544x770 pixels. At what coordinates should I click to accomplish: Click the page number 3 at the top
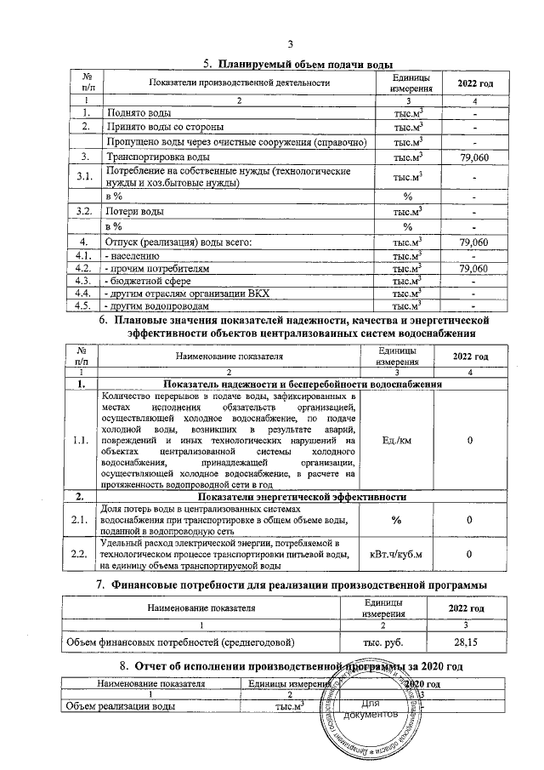pyautogui.click(x=291, y=44)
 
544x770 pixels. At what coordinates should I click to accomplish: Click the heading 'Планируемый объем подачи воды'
pyautogui.click(x=306, y=64)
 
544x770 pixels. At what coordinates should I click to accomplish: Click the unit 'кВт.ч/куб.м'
pyautogui.click(x=398, y=556)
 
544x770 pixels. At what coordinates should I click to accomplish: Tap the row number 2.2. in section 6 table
pyautogui.click(x=83, y=556)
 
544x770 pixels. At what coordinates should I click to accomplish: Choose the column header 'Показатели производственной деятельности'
pyautogui.click(x=239, y=82)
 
